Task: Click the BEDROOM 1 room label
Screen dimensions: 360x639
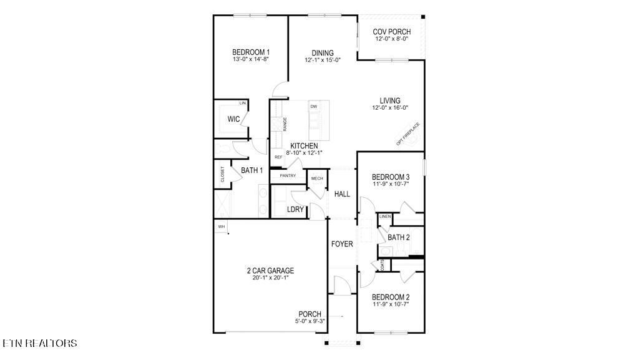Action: point(251,52)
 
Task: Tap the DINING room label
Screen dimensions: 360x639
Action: point(323,53)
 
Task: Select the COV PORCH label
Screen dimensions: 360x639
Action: point(391,32)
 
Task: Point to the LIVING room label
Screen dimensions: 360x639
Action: point(390,100)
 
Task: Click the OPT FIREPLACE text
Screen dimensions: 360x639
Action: point(408,134)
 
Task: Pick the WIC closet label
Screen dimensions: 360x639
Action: point(233,119)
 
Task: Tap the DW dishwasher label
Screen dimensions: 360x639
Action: point(313,107)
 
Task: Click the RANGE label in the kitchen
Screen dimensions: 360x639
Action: point(285,124)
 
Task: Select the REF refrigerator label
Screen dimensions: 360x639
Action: point(278,157)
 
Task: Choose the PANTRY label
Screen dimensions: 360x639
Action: point(288,176)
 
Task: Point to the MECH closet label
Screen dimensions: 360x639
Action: point(317,179)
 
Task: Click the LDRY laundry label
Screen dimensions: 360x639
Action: point(295,210)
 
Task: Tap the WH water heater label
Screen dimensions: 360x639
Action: point(221,226)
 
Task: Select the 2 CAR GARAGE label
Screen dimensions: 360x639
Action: point(270,271)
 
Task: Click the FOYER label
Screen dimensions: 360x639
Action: point(342,244)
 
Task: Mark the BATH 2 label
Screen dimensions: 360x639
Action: point(398,237)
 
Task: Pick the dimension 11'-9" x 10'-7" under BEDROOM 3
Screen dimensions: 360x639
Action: point(391,185)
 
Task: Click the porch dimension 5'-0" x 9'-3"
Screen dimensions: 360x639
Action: point(310,321)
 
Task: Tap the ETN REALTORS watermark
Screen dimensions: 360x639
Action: point(40,343)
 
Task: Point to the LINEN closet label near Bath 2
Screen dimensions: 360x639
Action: point(385,216)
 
